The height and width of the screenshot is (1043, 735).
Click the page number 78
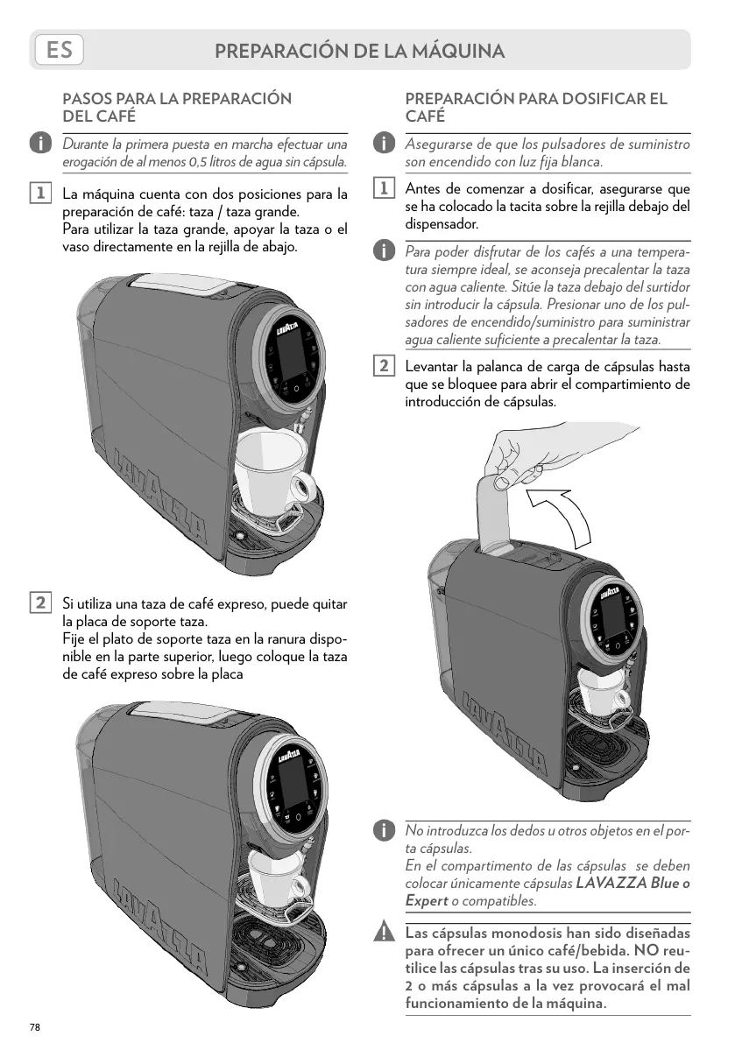click(35, 1026)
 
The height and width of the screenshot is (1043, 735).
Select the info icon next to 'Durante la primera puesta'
click(39, 143)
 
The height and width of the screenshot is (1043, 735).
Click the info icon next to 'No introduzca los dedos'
click(383, 829)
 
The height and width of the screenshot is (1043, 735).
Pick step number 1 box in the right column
click(383, 189)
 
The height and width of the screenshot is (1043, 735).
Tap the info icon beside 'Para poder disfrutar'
click(383, 252)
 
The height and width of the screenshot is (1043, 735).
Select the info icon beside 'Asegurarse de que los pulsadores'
click(383, 143)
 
